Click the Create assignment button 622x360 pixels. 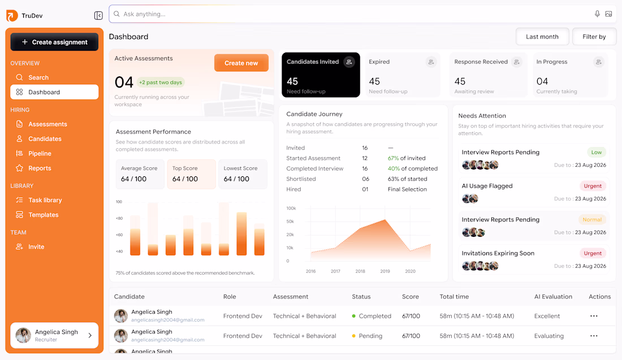coord(54,42)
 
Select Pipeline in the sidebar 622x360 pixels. coord(40,153)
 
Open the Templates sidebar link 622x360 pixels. coord(43,215)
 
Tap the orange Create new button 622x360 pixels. coord(241,63)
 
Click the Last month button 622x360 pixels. coord(542,37)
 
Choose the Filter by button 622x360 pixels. coord(594,37)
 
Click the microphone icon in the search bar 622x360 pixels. coord(597,14)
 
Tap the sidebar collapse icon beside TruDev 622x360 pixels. coord(98,15)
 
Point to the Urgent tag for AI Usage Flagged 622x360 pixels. coord(593,186)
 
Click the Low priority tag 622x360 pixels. coord(596,152)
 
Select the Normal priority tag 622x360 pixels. coord(592,220)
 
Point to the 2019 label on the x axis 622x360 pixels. coord(385,271)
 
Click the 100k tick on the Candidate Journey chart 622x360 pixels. coord(291,208)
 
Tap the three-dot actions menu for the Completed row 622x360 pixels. coord(594,316)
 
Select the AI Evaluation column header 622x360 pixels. coord(554,297)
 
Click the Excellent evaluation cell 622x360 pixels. coord(547,316)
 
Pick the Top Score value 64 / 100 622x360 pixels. coord(185,179)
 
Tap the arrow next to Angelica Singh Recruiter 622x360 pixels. coord(90,336)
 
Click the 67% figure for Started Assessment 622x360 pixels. coord(393,158)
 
